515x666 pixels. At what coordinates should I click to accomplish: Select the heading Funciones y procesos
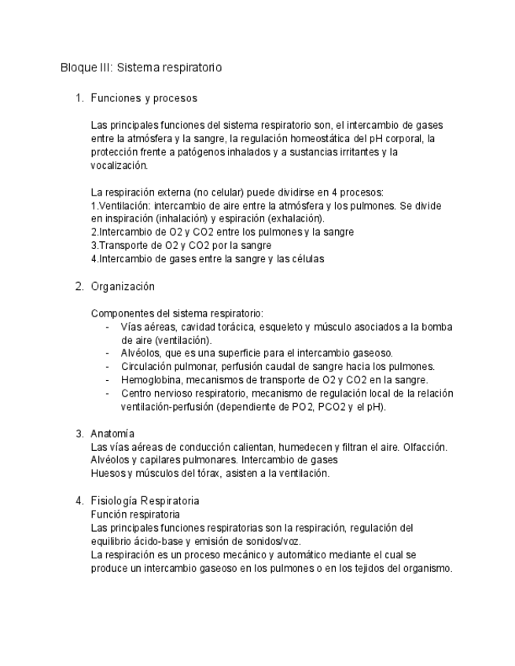click(143, 98)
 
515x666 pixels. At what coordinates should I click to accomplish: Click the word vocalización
click(119, 165)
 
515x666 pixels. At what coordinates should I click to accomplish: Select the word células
click(307, 258)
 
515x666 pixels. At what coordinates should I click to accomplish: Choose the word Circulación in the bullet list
click(149, 366)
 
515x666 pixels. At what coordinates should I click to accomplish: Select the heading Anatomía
click(112, 434)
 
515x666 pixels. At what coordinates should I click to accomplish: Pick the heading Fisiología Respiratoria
click(145, 500)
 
